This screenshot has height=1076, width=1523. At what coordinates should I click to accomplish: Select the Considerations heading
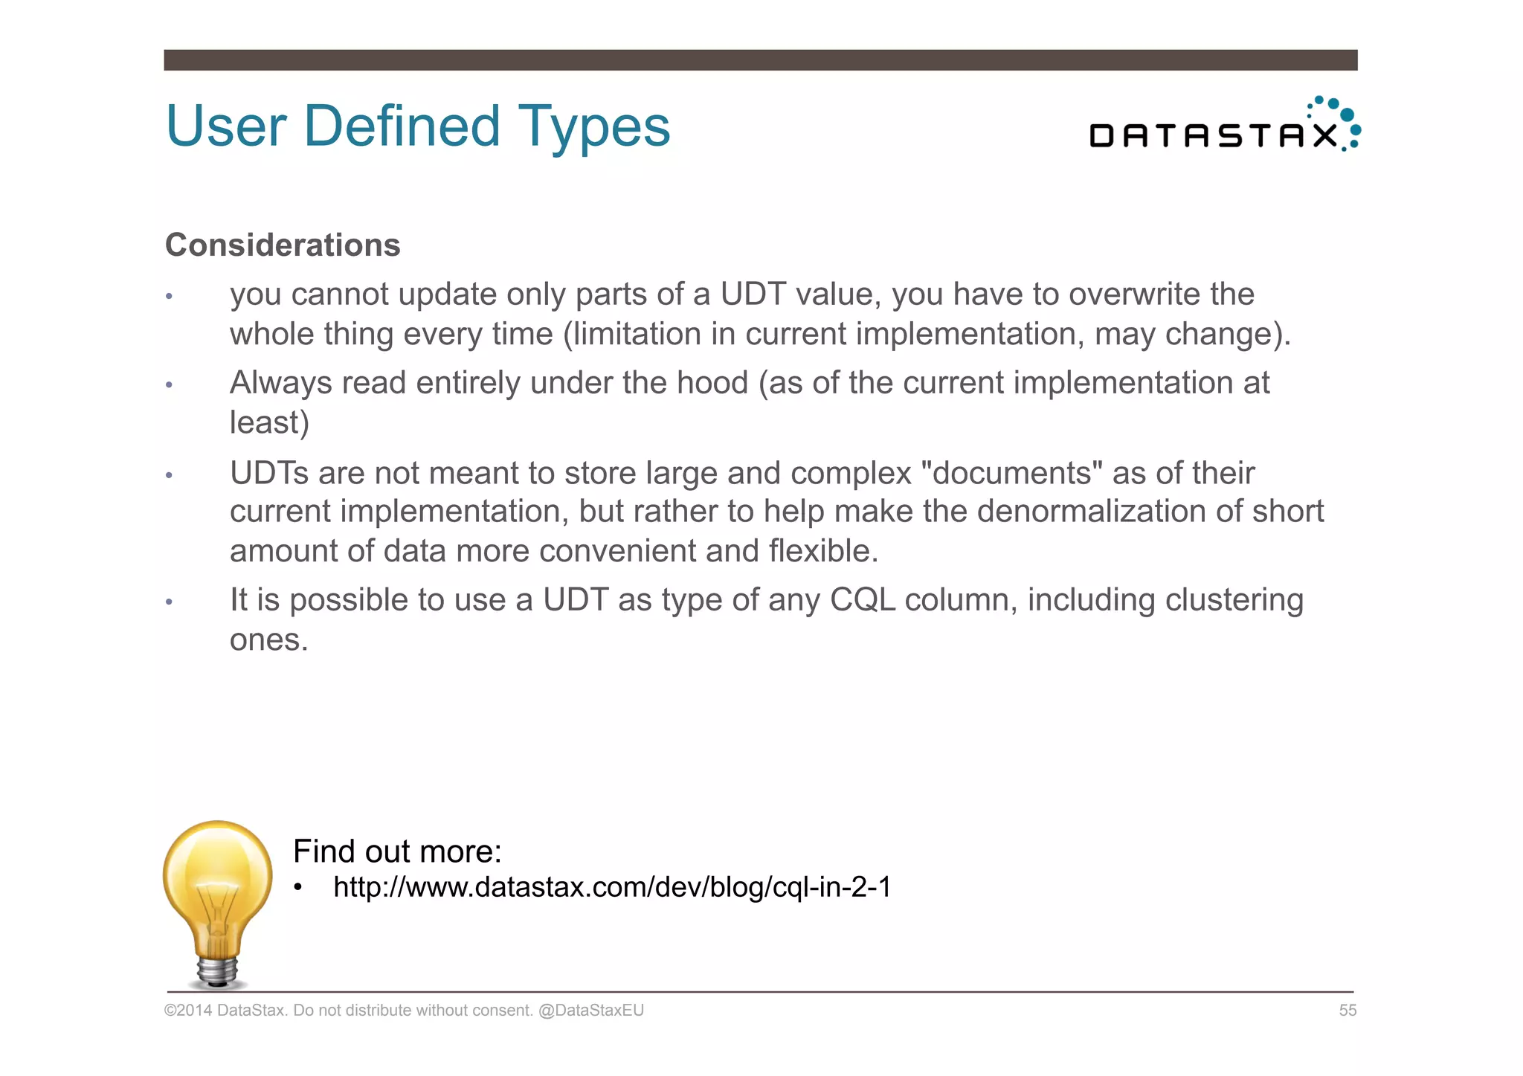pyautogui.click(x=283, y=245)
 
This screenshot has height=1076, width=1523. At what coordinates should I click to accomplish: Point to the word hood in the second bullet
pyautogui.click(x=712, y=383)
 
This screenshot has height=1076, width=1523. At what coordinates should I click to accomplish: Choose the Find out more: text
pyautogui.click(x=397, y=851)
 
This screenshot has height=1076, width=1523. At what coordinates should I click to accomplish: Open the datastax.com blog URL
pyautogui.click(x=612, y=887)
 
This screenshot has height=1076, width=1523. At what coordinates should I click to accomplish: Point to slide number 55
pyautogui.click(x=1347, y=1011)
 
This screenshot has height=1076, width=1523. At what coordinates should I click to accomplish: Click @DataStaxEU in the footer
pyautogui.click(x=591, y=1011)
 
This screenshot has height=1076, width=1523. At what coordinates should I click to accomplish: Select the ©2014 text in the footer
pyautogui.click(x=188, y=1011)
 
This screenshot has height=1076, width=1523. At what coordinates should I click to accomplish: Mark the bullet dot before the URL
pyautogui.click(x=298, y=888)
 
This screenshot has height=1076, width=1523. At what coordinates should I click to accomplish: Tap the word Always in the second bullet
pyautogui.click(x=280, y=383)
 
